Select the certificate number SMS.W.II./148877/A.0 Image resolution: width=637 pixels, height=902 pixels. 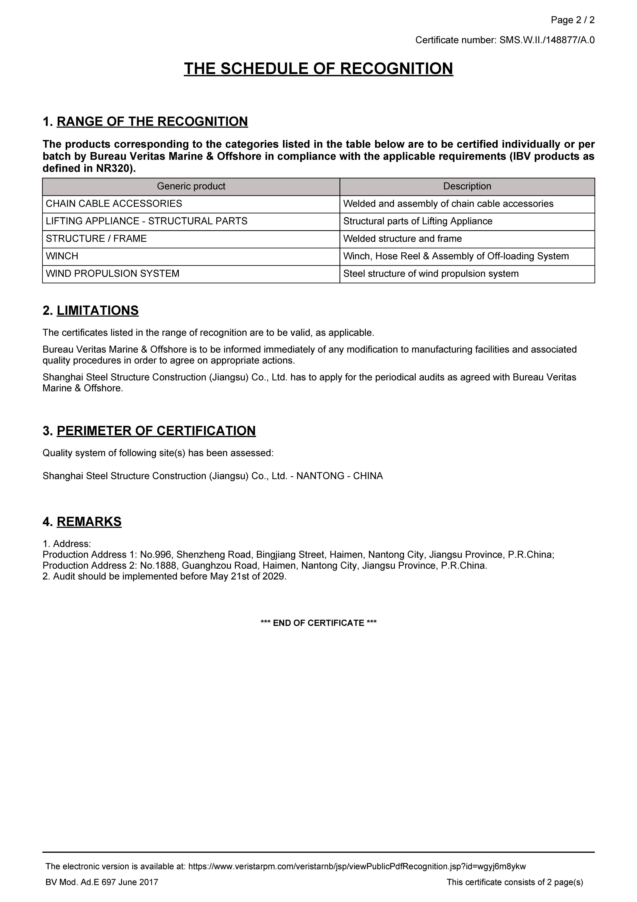pos(547,40)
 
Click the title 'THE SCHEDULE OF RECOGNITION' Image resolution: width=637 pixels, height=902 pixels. pos(318,69)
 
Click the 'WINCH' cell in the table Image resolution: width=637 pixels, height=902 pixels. pos(62,256)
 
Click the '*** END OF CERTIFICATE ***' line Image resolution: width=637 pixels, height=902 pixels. pos(318,623)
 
